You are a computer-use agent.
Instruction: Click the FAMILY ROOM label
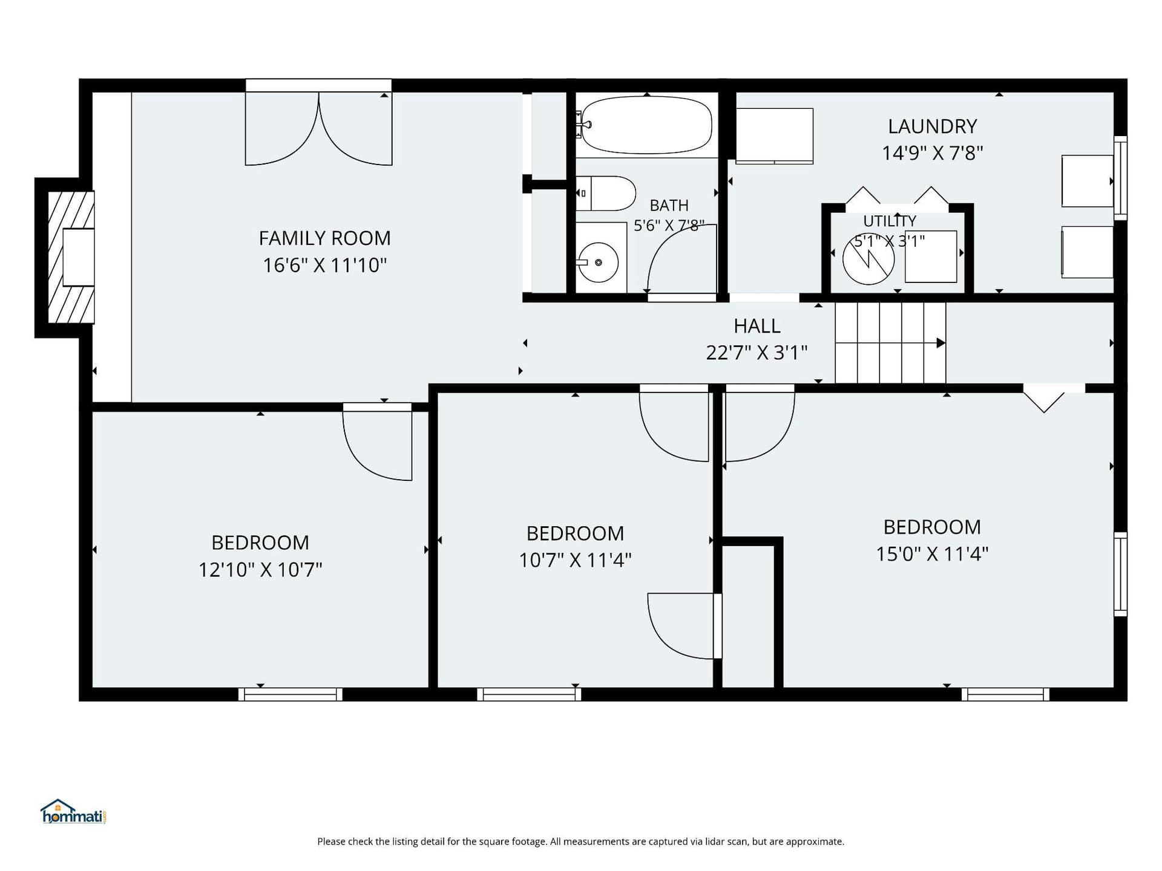point(324,238)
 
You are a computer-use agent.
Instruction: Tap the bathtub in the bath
point(646,125)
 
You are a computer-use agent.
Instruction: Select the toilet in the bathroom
point(605,194)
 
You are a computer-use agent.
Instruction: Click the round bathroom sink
point(598,263)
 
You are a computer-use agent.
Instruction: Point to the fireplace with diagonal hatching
point(71,257)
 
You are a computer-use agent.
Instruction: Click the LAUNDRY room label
point(932,126)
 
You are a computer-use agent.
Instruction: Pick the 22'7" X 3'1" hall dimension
point(757,353)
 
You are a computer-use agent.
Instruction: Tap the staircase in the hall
point(890,343)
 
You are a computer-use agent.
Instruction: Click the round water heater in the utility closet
point(868,259)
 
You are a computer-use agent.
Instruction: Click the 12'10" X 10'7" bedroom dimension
point(260,570)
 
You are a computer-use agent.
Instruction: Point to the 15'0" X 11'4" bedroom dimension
point(932,554)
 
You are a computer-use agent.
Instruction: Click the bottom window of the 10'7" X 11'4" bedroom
point(529,694)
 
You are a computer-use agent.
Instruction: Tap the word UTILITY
point(890,221)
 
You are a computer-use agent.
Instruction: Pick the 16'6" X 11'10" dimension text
point(324,266)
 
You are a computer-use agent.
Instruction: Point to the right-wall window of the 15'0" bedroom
point(1121,574)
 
